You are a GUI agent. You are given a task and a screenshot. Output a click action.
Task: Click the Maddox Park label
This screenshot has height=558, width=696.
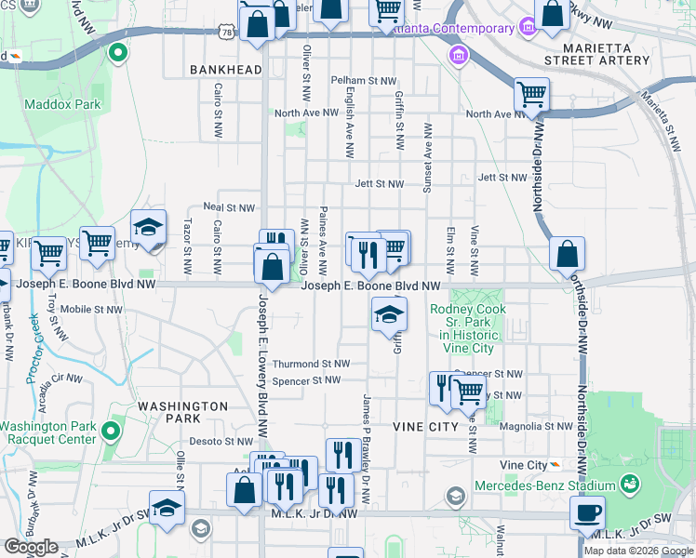tap(63, 105)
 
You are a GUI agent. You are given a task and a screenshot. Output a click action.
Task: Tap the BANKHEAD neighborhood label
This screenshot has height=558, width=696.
tap(223, 70)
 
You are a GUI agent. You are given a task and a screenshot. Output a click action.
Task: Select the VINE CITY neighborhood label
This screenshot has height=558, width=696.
tap(426, 427)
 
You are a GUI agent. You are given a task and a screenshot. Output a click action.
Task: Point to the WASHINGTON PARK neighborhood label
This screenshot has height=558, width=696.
tap(182, 413)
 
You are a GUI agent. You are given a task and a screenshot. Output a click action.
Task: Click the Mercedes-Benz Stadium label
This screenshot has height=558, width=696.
tap(545, 485)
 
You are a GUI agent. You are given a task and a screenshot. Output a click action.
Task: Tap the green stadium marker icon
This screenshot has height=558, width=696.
tap(630, 485)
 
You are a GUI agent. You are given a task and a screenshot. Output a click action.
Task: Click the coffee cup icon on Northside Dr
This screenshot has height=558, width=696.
tap(587, 512)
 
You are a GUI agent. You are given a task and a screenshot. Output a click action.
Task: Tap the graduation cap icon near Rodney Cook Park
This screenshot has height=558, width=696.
tap(389, 314)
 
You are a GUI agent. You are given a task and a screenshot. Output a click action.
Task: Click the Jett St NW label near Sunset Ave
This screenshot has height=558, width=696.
tap(379, 184)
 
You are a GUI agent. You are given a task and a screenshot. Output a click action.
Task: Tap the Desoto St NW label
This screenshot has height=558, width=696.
tap(221, 442)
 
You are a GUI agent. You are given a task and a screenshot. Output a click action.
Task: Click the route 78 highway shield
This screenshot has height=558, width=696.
tap(226, 33)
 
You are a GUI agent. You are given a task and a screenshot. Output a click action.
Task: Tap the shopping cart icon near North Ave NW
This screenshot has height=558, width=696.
tap(531, 94)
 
